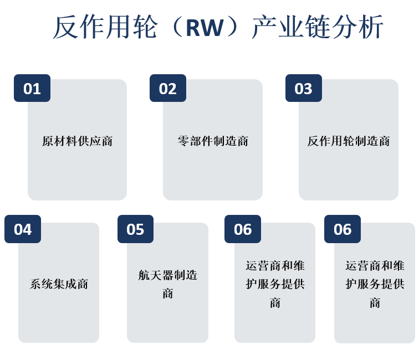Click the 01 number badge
(32, 88)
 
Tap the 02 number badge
(168, 88)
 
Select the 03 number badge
(304, 88)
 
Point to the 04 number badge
(23, 229)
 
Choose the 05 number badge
(135, 229)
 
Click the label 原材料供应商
(77, 141)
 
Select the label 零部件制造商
(213, 141)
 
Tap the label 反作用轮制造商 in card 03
(349, 141)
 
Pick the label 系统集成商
(59, 284)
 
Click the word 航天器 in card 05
(156, 275)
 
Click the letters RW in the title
(205, 28)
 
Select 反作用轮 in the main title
(105, 27)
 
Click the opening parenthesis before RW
(176, 27)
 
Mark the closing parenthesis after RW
(232, 27)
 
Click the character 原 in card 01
(48, 141)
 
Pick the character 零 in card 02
(183, 141)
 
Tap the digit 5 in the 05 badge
(140, 229)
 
